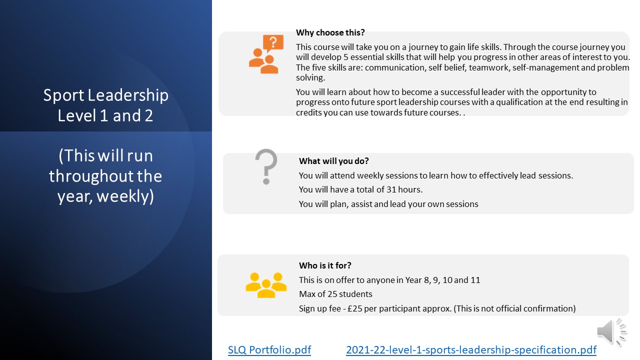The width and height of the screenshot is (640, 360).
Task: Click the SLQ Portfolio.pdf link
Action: tap(269, 349)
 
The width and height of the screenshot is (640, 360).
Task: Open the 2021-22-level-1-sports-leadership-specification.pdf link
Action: tap(471, 349)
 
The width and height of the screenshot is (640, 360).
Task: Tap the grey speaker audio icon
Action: tap(611, 332)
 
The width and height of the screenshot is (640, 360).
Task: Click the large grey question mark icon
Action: tap(266, 166)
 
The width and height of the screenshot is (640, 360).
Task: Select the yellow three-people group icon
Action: tap(266, 285)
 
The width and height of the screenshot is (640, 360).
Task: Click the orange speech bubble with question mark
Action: tap(273, 43)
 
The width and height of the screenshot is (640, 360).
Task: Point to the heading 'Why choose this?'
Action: tap(330, 32)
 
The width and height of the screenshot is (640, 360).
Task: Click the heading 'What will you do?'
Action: tap(333, 161)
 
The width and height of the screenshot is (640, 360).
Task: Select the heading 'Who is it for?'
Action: tap(325, 265)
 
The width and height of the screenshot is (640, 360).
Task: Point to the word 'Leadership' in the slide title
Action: tap(128, 95)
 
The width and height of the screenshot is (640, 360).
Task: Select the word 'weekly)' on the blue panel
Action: tap(125, 196)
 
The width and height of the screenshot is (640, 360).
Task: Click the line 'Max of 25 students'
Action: tap(335, 294)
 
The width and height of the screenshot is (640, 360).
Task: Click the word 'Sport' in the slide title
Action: tap(63, 95)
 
